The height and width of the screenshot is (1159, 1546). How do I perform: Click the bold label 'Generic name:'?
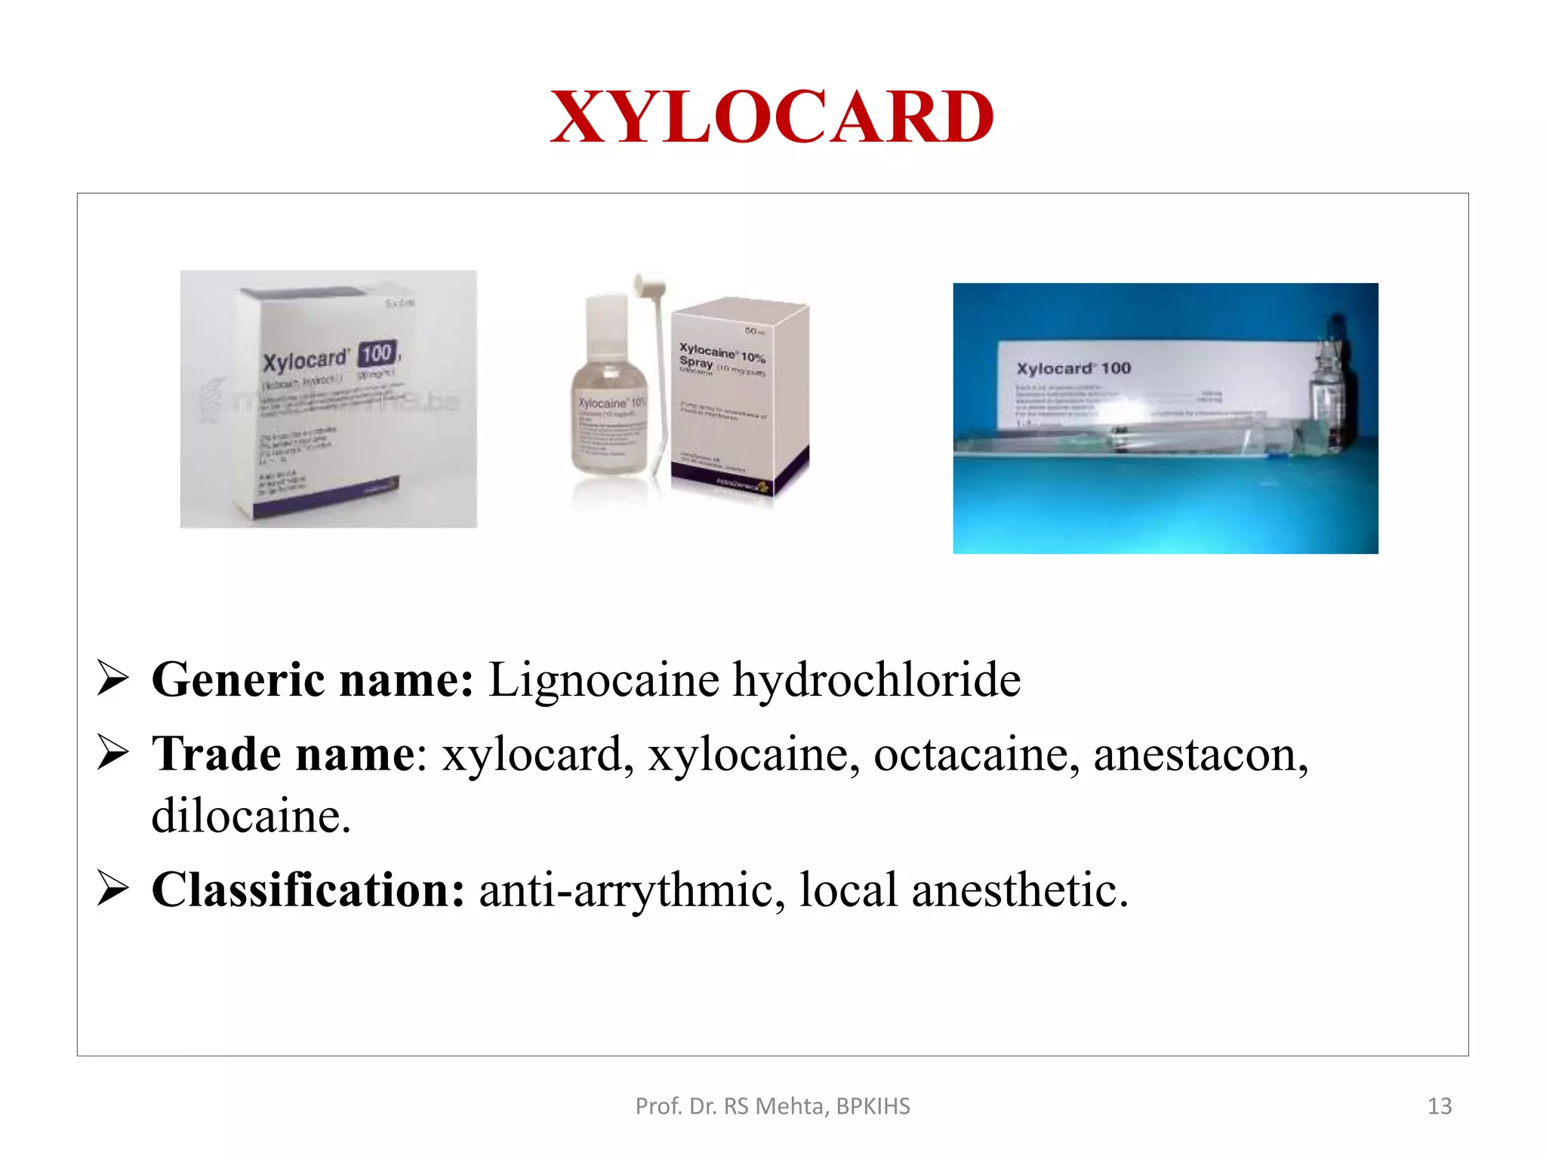pyautogui.click(x=313, y=679)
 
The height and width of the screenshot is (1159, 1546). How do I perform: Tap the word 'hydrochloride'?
pyautogui.click(x=876, y=679)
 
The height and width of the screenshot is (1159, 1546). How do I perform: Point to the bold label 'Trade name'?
pyautogui.click(x=283, y=754)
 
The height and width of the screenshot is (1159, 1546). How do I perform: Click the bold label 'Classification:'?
pyautogui.click(x=308, y=890)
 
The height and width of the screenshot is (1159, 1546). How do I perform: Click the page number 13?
pyautogui.click(x=1440, y=1106)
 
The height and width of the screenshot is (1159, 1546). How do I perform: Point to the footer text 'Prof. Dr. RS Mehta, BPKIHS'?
pyautogui.click(x=772, y=1106)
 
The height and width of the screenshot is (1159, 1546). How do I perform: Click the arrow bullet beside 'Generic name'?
pyautogui.click(x=113, y=679)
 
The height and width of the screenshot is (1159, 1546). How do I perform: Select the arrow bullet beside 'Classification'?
pyautogui.click(x=113, y=890)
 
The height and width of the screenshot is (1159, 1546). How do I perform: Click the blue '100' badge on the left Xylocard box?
pyautogui.click(x=377, y=353)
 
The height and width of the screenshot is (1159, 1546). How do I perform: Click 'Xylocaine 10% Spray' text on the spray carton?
pyautogui.click(x=721, y=357)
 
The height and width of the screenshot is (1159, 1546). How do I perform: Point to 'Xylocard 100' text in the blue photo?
pyautogui.click(x=1073, y=368)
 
